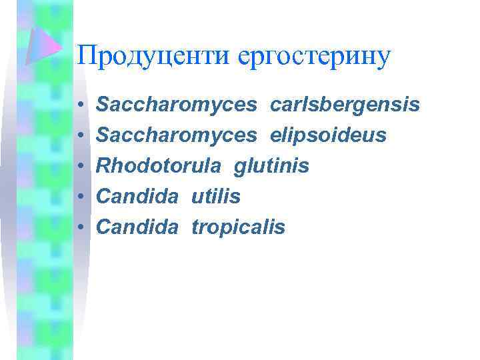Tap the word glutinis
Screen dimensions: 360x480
271,166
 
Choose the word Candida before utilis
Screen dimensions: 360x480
138,197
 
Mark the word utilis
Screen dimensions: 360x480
216,197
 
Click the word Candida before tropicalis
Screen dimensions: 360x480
138,227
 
